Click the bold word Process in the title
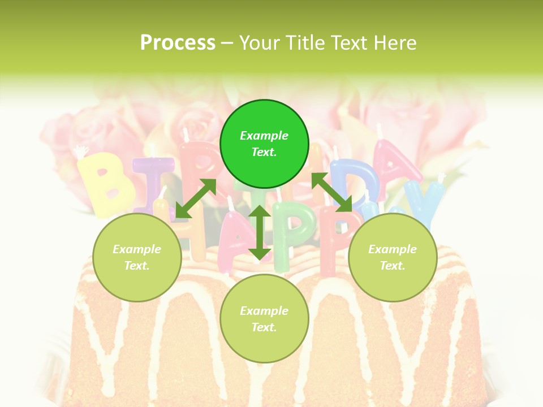(x=178, y=43)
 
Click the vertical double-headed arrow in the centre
(x=260, y=232)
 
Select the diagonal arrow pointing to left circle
(x=196, y=198)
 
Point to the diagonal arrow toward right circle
(x=332, y=192)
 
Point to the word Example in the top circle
(x=264, y=136)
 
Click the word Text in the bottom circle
(x=264, y=327)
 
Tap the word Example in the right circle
(x=393, y=249)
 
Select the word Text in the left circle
(x=137, y=266)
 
